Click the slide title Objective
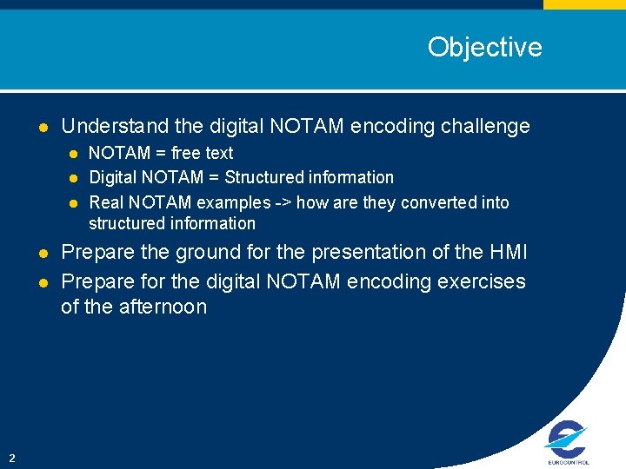(484, 47)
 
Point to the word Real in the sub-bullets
(107, 202)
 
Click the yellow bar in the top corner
(584, 4)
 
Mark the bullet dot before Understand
(43, 127)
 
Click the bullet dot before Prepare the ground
(43, 254)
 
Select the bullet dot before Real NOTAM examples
(74, 203)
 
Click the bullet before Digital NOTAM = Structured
(74, 178)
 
